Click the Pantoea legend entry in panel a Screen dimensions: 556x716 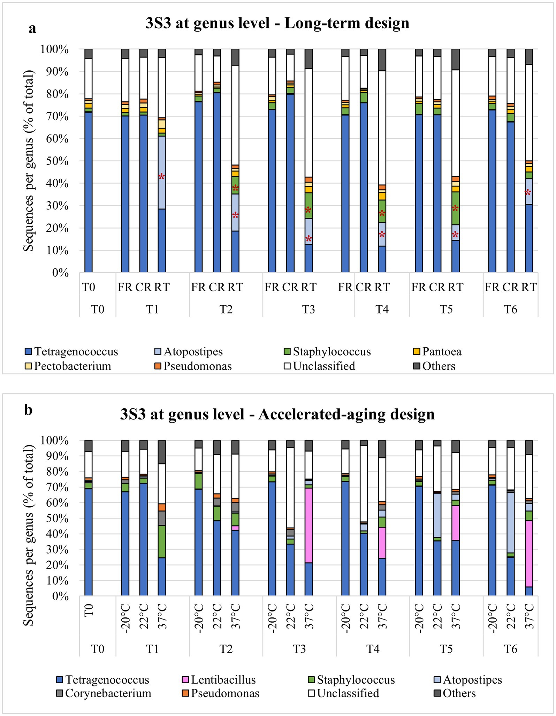point(441,352)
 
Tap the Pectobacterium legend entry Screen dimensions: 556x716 point(73,366)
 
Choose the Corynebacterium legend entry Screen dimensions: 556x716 point(108,693)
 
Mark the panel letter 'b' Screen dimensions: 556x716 point(29,410)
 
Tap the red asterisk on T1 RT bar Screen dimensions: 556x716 point(161,177)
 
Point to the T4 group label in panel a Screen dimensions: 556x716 point(382,309)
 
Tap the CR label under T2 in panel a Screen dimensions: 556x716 point(217,287)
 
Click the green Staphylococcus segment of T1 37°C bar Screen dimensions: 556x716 point(162,541)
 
